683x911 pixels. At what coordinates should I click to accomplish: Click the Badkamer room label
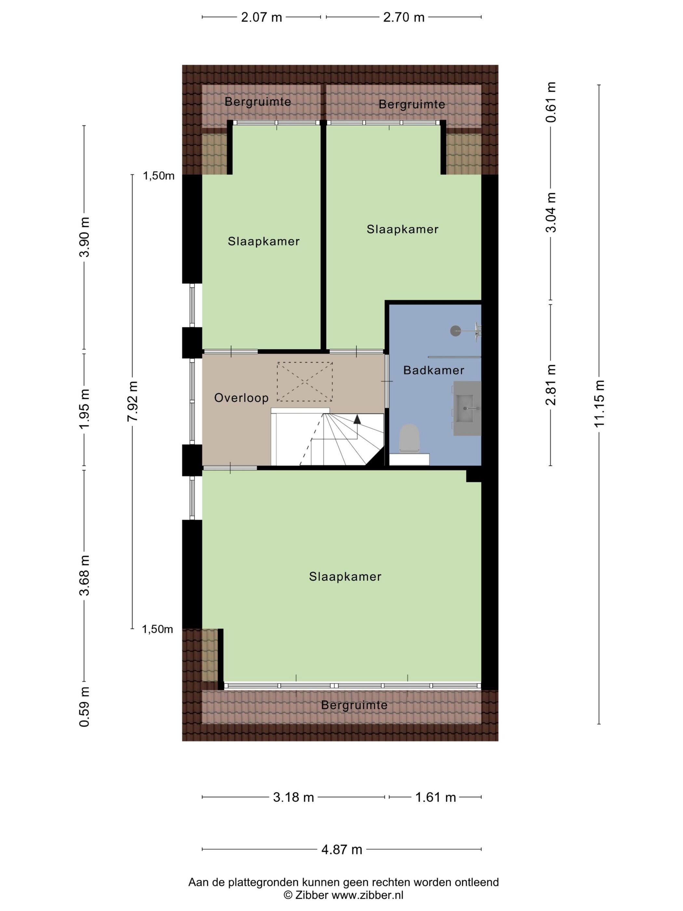(434, 370)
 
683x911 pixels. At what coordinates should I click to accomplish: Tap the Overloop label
(241, 398)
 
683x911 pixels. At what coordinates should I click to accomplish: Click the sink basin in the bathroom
(468, 408)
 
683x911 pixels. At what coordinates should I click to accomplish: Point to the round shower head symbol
(455, 331)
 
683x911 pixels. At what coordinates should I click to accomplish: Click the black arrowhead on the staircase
(357, 419)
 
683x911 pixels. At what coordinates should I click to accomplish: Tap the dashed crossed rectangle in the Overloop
(305, 382)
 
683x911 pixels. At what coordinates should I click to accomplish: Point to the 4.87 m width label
(342, 850)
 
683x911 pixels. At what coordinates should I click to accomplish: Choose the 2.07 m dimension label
(261, 17)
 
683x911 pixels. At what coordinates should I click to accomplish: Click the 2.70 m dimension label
(404, 17)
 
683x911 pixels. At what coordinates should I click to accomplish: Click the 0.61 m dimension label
(551, 102)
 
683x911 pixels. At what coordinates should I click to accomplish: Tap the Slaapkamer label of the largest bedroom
(345, 577)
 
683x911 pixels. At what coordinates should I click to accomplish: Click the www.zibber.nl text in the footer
(368, 895)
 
